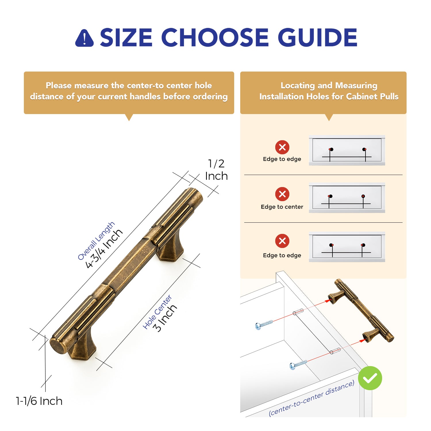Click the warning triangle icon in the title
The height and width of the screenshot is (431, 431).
pyautogui.click(x=84, y=38)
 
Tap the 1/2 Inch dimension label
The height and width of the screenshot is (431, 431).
pyautogui.click(x=216, y=170)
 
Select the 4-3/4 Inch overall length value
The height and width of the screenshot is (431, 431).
pyautogui.click(x=104, y=249)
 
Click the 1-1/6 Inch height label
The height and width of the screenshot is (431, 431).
pyautogui.click(x=39, y=401)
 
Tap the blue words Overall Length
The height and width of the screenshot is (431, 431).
pyautogui.click(x=96, y=241)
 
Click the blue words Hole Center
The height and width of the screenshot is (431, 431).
pyautogui.click(x=157, y=312)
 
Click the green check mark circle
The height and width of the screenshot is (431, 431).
pyautogui.click(x=370, y=378)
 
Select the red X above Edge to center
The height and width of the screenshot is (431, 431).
pyautogui.click(x=282, y=194)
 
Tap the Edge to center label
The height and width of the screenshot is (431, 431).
pyautogui.click(x=282, y=207)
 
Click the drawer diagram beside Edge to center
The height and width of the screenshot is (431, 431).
pyautogui.click(x=347, y=198)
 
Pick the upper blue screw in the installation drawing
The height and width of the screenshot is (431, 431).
pyautogui.click(x=264, y=324)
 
